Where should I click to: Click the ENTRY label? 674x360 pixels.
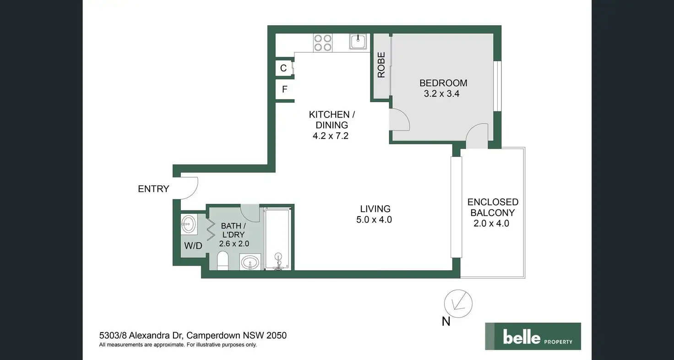(x=153, y=189)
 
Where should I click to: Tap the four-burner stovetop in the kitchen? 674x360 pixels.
(x=322, y=43)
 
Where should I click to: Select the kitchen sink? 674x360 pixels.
(x=358, y=41)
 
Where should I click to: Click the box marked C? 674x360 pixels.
(x=284, y=68)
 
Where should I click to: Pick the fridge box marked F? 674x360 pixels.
(x=284, y=89)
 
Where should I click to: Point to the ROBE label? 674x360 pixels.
(x=381, y=65)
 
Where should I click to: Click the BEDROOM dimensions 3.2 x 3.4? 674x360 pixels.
(x=443, y=94)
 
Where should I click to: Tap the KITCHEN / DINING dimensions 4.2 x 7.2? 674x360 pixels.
(x=329, y=136)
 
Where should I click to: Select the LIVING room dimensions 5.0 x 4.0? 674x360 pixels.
(x=374, y=220)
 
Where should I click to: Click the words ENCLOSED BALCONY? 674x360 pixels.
(x=493, y=207)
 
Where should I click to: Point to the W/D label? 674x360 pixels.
(x=193, y=246)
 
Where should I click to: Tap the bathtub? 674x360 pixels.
(x=277, y=238)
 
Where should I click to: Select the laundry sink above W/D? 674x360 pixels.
(x=189, y=224)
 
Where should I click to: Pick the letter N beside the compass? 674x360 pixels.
(x=446, y=322)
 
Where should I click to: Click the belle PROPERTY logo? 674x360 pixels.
(x=533, y=337)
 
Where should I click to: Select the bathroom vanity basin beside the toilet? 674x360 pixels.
(x=250, y=263)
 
